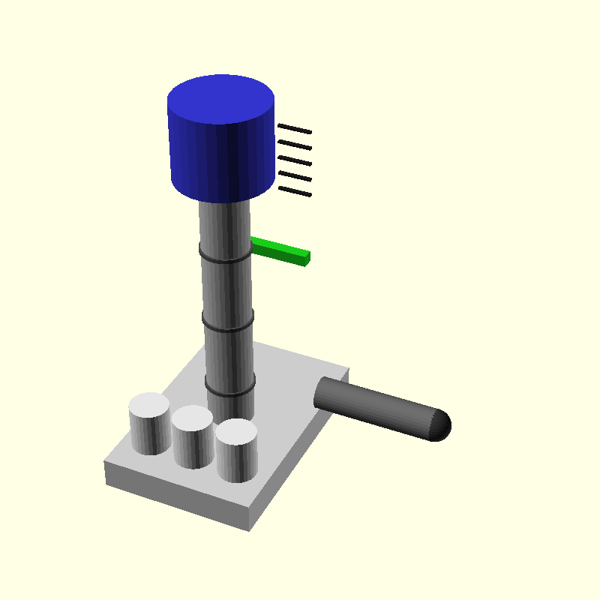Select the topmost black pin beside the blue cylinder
[x=295, y=129]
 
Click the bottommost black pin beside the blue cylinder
[x=295, y=192]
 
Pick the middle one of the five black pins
[x=295, y=160]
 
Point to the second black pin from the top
[x=295, y=145]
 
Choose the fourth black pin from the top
[x=295, y=176]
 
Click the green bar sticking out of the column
[x=279, y=250]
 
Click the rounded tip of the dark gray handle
[x=441, y=425]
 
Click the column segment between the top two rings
[x=226, y=292]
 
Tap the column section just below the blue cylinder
[x=224, y=221]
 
